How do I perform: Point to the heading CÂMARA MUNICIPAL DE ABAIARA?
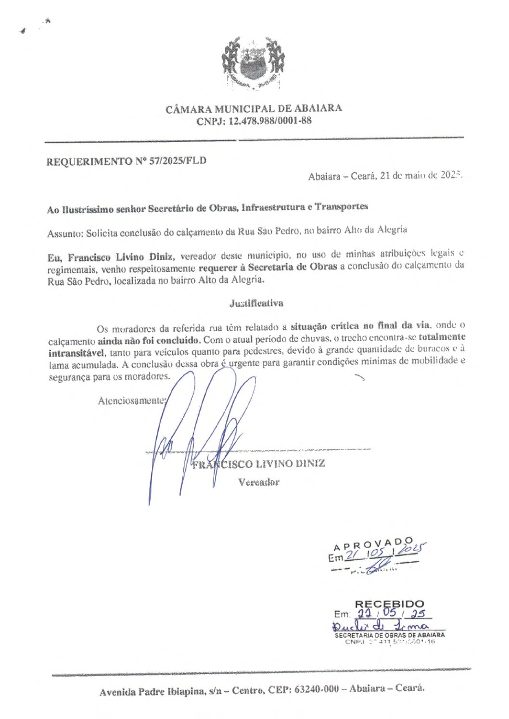[x=254, y=108]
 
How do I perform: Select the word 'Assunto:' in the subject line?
[x=65, y=233]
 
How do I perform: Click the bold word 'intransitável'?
[x=76, y=352]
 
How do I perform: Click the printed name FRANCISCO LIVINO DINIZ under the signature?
[x=258, y=464]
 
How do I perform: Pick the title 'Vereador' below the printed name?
[x=258, y=482]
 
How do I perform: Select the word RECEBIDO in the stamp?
[x=390, y=603]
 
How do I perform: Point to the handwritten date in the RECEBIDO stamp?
[x=392, y=614]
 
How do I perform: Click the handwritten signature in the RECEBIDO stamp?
[x=380, y=626]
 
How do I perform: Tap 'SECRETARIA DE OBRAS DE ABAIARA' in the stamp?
[x=390, y=635]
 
